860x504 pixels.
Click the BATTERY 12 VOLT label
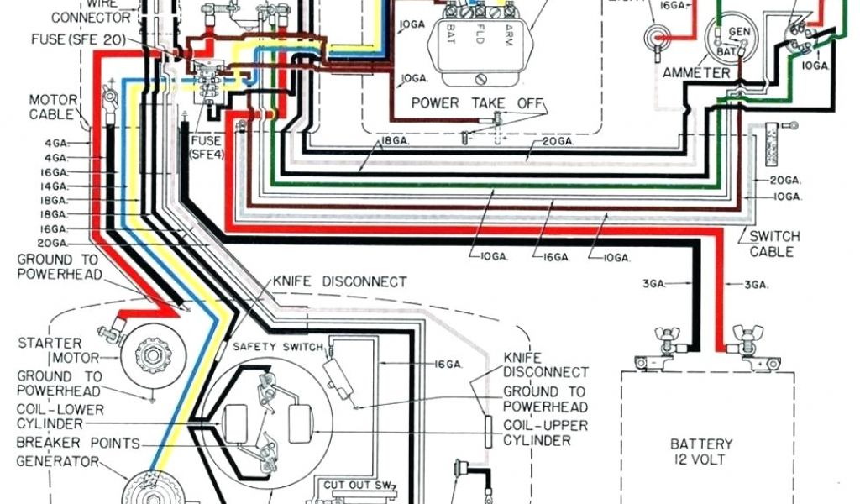[x=701, y=451]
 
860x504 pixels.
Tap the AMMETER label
[x=696, y=73]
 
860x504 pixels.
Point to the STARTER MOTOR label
[x=50, y=350]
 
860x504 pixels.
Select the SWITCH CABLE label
[x=773, y=244]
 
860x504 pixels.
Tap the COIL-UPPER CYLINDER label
[x=545, y=433]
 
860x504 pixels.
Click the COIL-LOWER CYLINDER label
[x=60, y=417]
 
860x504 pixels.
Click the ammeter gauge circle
[x=724, y=39]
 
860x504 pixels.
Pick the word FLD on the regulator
[x=480, y=37]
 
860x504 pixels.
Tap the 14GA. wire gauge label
[x=56, y=185]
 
